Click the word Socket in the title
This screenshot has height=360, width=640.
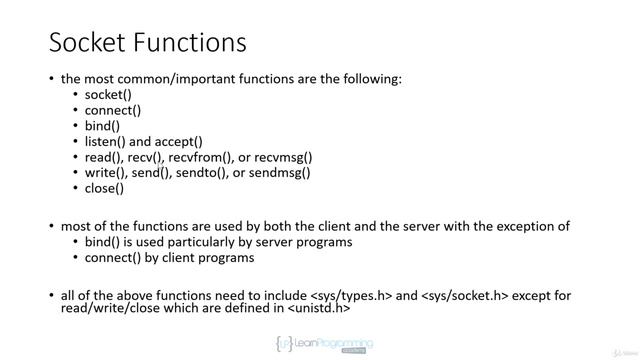90,44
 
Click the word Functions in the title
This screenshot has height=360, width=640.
191,44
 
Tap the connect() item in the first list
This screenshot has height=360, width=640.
112,110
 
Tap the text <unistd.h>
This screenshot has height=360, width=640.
319,308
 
